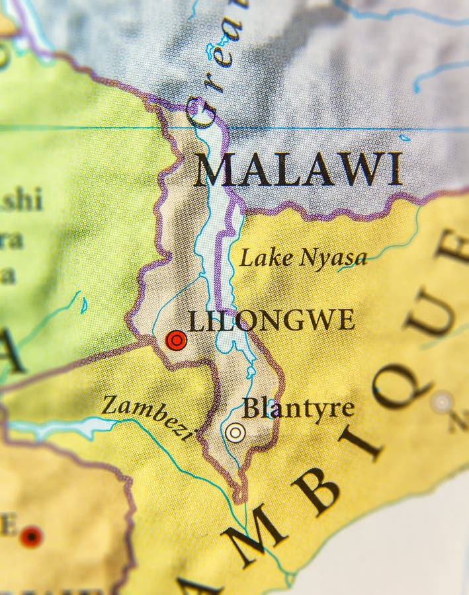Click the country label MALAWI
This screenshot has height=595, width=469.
click(298, 169)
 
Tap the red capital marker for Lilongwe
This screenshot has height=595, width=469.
click(176, 340)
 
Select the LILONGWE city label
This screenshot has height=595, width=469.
click(271, 321)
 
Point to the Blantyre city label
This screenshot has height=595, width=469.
click(298, 408)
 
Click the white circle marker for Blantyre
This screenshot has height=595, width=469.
click(235, 432)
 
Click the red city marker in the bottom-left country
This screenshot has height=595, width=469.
click(30, 536)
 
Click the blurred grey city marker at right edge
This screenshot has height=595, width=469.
click(441, 401)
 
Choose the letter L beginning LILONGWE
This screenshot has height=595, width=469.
click(195, 321)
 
